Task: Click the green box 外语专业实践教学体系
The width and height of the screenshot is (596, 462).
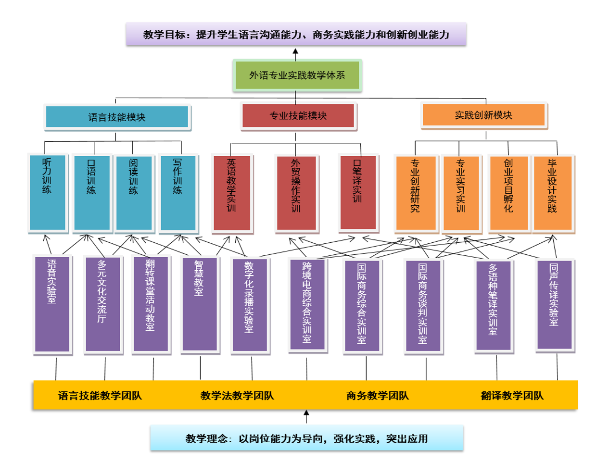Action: pos(297,75)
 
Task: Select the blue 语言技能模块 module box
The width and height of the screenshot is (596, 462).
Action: pos(117,117)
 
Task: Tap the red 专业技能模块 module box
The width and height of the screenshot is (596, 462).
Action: pos(298,116)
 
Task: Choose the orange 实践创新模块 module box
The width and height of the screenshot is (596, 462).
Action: pos(483,115)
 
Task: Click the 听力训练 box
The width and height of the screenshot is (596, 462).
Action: pos(47,192)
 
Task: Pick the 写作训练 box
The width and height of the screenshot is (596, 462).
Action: pos(178,192)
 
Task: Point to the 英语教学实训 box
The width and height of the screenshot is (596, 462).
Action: pos(231,192)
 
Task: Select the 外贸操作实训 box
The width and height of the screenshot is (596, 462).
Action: pos(296,192)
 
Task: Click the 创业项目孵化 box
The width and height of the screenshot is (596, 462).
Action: pos(508,192)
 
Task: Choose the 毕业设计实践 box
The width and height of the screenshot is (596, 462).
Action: pos(552,192)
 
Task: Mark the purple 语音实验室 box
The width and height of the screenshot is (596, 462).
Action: pos(52,304)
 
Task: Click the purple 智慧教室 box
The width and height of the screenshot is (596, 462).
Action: pos(199,304)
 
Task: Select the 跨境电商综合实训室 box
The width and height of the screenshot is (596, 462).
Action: pos(307,304)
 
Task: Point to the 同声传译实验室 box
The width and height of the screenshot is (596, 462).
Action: pos(554,304)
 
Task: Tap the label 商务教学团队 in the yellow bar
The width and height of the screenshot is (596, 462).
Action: pos(378,396)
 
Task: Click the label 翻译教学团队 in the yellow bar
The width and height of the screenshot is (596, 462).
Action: pos(512,396)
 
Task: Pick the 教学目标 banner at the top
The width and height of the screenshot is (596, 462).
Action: pos(296,35)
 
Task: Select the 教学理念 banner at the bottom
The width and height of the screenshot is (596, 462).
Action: pos(306,438)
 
